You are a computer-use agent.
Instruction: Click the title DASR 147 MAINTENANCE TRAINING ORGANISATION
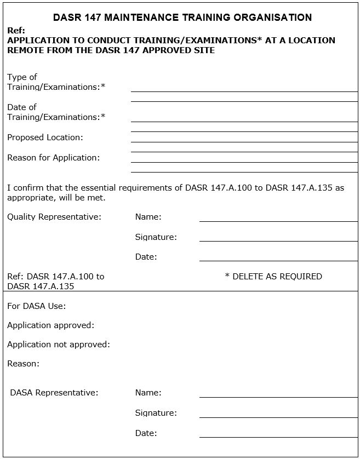[182, 18]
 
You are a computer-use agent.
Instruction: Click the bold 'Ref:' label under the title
[16, 31]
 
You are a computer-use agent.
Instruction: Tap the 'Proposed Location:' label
[45, 137]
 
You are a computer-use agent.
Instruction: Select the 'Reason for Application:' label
[53, 158]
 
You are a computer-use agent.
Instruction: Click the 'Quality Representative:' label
[54, 217]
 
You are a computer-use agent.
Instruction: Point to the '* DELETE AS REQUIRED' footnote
[273, 277]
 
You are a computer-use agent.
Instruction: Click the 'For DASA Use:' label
[36, 306]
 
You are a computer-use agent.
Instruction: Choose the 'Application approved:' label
[50, 325]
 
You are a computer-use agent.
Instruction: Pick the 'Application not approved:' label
[59, 345]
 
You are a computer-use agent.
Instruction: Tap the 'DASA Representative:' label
[54, 393]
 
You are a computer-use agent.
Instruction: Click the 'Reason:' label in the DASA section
[23, 364]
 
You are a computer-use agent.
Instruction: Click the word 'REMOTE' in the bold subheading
[25, 50]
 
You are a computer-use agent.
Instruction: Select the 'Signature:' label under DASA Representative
[156, 413]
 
